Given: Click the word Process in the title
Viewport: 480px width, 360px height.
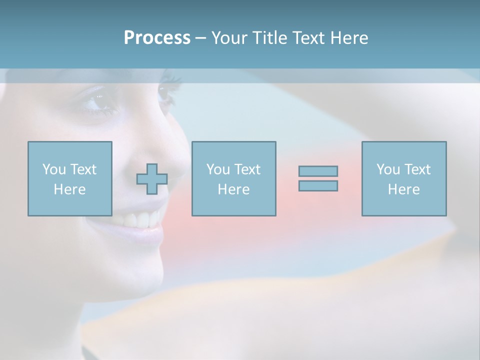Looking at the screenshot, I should point(157,38).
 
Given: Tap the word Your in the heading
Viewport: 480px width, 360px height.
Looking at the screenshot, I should point(228,38).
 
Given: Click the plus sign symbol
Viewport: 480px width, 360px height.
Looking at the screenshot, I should point(152,179).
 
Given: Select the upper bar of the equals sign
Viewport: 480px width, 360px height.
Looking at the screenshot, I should point(318,171).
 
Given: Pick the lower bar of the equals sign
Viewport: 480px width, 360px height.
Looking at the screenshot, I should point(318,185).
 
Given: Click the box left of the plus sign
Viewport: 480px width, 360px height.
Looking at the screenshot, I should point(69,178).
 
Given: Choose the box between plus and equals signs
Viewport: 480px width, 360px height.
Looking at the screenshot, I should point(233,178).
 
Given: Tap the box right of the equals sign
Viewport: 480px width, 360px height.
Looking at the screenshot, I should point(403,178).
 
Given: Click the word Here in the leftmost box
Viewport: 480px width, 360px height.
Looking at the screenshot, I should point(69,189).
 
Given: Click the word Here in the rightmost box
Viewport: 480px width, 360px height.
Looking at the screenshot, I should point(403,189).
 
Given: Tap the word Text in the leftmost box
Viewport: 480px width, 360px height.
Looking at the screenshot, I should point(82,169).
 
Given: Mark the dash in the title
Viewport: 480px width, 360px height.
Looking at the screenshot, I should point(200,38).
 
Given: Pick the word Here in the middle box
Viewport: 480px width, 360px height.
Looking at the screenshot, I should point(233,189).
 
